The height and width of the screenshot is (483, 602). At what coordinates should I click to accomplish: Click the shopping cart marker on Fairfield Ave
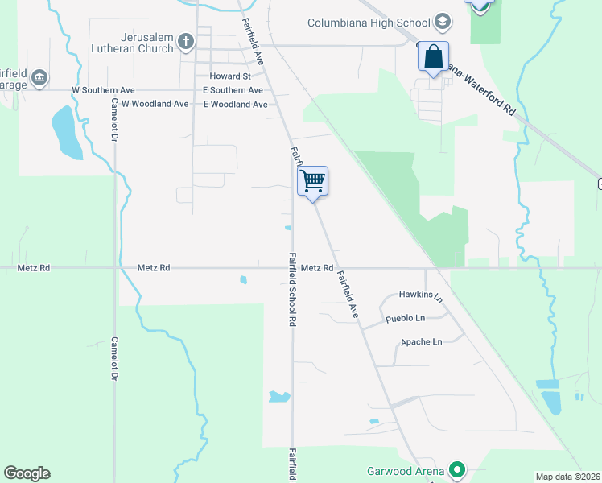[312, 180]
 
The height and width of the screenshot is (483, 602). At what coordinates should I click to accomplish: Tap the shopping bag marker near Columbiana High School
[433, 57]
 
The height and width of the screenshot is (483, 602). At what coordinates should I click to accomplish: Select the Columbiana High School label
[369, 22]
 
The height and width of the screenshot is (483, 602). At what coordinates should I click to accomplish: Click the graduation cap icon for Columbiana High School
[442, 21]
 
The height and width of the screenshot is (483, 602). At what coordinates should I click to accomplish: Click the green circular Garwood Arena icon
[457, 469]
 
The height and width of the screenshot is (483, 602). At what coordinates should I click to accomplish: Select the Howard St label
[231, 76]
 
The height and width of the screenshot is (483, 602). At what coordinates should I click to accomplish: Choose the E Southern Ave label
[233, 90]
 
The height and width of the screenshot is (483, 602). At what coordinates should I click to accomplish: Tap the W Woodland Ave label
[154, 105]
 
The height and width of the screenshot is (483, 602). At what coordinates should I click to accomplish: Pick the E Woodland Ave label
[235, 105]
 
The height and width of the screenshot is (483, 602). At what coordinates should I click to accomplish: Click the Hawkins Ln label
[421, 296]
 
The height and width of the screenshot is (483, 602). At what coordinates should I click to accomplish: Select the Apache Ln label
[421, 342]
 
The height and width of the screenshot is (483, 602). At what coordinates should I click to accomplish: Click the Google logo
[27, 473]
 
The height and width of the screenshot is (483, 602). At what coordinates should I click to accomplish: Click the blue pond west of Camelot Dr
[66, 133]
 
